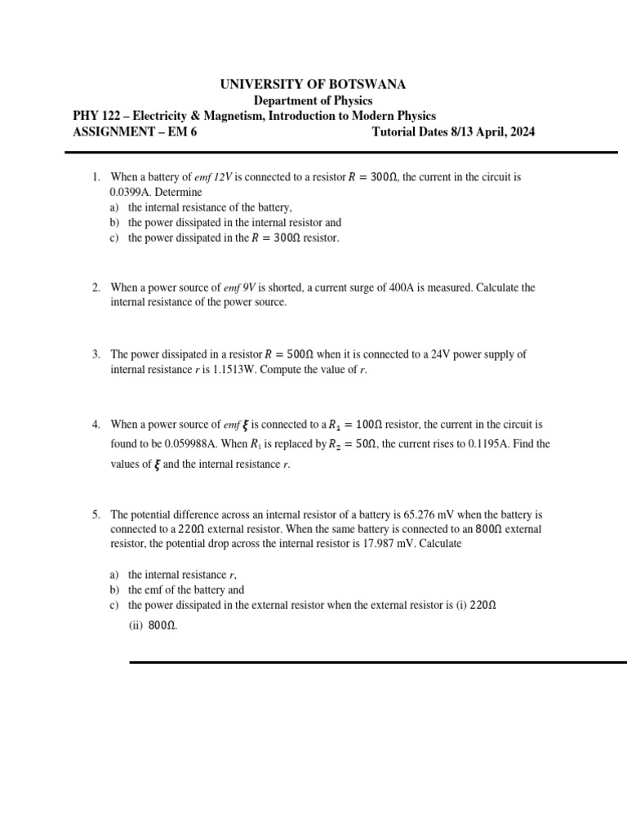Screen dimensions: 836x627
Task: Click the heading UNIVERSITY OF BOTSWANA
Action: [x=313, y=84]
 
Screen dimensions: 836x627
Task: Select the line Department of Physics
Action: [x=313, y=100]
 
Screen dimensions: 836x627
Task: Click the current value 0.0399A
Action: [x=127, y=192]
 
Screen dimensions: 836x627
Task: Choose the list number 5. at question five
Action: [x=96, y=515]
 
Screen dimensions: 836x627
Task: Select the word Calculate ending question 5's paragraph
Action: [x=440, y=544]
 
